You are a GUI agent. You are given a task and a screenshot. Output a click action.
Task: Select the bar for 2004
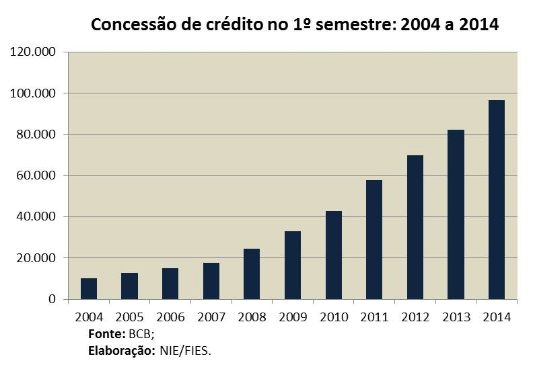click(x=89, y=289)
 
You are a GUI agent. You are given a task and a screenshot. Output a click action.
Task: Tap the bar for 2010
click(x=333, y=255)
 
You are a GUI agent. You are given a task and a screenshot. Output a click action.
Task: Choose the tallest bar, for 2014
click(x=497, y=200)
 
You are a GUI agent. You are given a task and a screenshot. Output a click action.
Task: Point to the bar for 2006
click(x=170, y=284)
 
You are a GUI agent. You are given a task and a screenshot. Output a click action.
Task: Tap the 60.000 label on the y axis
click(x=36, y=176)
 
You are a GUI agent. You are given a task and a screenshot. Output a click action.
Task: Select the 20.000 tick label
click(x=36, y=258)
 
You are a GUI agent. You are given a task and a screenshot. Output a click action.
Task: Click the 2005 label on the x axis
click(x=129, y=317)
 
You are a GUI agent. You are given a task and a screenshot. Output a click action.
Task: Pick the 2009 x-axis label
click(x=293, y=317)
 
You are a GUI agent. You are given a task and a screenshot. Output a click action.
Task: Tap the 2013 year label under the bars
click(x=456, y=317)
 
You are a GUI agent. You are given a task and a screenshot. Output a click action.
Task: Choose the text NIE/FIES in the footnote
click(x=184, y=350)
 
